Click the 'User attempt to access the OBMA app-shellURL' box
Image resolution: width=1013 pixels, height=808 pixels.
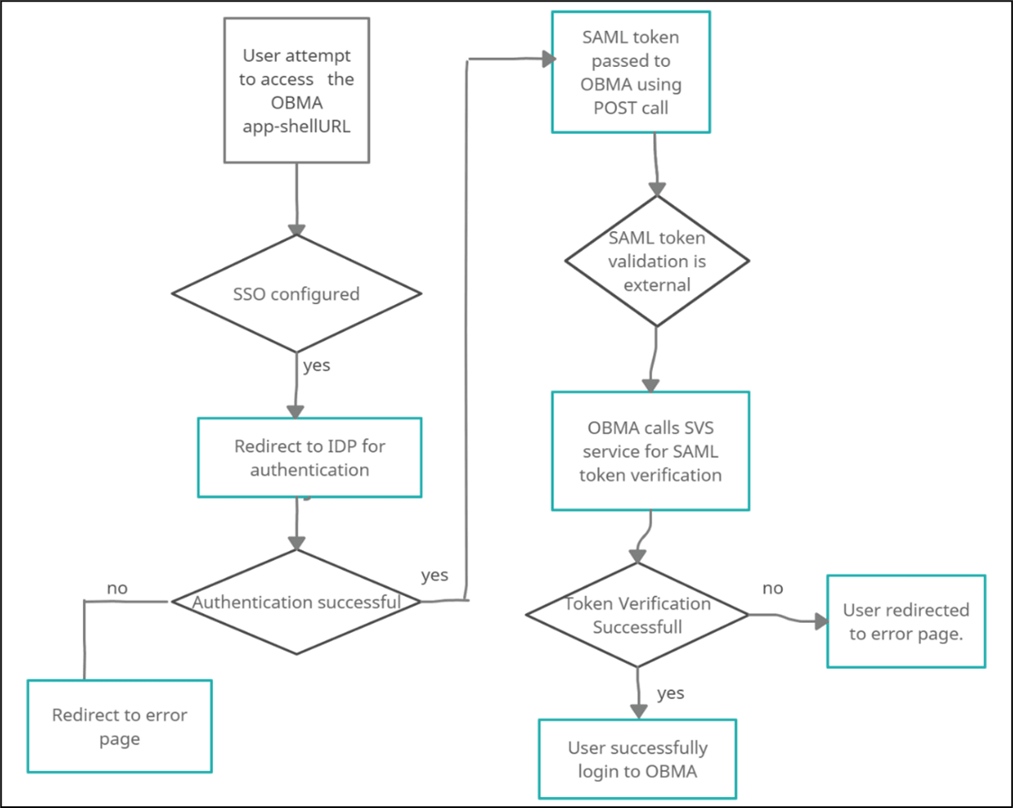(x=296, y=91)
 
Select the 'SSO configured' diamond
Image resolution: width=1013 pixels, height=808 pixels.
(x=296, y=294)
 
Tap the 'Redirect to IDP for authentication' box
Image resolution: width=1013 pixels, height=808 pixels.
(x=309, y=458)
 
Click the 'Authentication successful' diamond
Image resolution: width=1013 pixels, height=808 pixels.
(x=296, y=602)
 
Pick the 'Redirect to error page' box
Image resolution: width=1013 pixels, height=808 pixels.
(x=119, y=726)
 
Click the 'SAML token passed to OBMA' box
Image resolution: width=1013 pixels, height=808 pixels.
(x=630, y=72)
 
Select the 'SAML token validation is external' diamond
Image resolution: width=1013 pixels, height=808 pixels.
(x=656, y=261)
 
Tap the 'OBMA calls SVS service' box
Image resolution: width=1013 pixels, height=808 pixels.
(x=650, y=451)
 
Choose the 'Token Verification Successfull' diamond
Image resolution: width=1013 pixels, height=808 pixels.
(x=637, y=615)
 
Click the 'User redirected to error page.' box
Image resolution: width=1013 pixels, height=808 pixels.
(x=906, y=621)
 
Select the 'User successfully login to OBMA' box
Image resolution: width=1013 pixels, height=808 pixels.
(x=637, y=759)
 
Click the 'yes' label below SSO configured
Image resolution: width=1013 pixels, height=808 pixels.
(x=316, y=366)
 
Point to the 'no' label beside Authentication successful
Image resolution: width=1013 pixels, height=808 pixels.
(x=117, y=588)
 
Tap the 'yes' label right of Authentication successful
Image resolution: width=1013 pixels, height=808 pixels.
(x=435, y=574)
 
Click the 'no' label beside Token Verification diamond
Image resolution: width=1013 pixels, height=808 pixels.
(x=773, y=588)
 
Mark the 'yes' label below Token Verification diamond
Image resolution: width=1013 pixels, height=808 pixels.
(x=671, y=692)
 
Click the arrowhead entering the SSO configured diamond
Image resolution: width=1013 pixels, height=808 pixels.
(x=296, y=229)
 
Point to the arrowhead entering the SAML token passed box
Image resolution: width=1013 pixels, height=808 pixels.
(x=548, y=59)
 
